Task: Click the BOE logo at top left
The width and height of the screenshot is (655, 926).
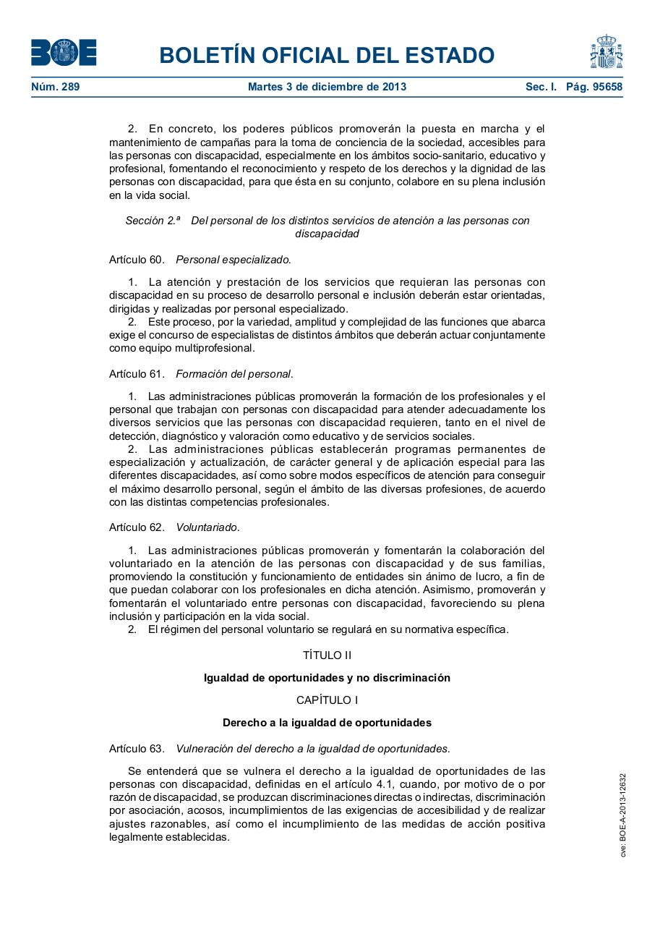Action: [x=64, y=53]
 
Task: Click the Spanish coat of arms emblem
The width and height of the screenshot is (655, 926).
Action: [x=606, y=52]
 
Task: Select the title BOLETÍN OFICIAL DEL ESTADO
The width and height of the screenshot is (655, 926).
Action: [x=327, y=56]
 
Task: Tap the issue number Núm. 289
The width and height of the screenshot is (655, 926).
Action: [x=56, y=87]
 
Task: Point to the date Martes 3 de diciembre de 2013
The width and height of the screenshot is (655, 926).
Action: [x=327, y=87]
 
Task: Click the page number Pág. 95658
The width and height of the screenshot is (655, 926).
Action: [x=594, y=87]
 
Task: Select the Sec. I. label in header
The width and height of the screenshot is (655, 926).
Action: [x=541, y=87]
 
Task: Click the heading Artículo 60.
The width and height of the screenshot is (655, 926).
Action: [x=137, y=259]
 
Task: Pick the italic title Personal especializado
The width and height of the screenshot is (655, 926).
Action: [x=234, y=259]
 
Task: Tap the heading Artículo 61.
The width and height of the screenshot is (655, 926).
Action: [x=137, y=374]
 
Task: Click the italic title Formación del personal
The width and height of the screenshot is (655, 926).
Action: [x=234, y=374]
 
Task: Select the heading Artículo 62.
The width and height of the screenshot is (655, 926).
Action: [x=137, y=527]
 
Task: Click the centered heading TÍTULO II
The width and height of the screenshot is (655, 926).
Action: [x=327, y=655]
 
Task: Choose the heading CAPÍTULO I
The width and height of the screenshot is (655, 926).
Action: [x=327, y=700]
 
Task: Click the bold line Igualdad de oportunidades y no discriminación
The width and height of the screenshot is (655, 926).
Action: [x=327, y=678]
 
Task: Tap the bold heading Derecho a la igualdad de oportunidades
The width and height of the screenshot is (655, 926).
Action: [x=327, y=723]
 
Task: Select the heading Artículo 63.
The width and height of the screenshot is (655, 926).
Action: [x=137, y=749]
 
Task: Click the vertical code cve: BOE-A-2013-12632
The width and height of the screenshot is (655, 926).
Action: [x=622, y=815]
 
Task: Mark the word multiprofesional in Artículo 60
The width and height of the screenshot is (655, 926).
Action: [x=213, y=348]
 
